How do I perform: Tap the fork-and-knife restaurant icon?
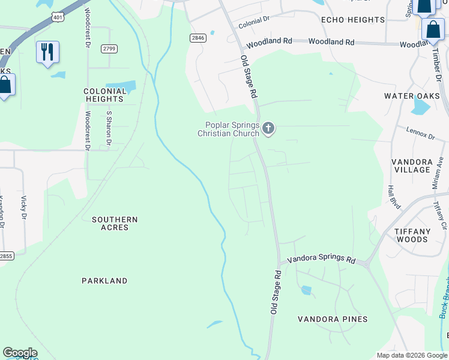coord(47,52)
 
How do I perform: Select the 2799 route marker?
coord(109,49)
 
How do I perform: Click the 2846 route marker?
coord(198,38)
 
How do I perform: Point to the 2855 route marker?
coord(5,256)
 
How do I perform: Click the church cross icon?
coord(268,128)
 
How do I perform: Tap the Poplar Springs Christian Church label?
coord(229,129)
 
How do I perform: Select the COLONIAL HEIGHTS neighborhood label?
coord(105,95)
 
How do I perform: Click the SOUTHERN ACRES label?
coord(115,224)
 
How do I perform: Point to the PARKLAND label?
coord(104,281)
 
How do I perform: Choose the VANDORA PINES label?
coord(333,319)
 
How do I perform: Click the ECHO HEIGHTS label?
coord(353,20)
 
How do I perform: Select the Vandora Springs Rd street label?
coord(321,259)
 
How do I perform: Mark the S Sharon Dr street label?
coord(109,128)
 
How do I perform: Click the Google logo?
coord(20,353)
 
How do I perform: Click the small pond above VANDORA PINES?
coord(307,290)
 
